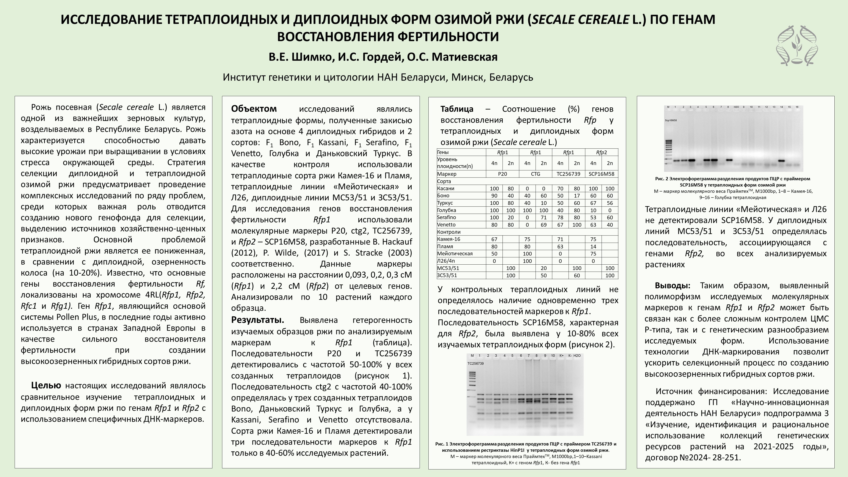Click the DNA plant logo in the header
pyautogui.click(x=797, y=46)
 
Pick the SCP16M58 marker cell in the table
pyautogui.click(x=601, y=174)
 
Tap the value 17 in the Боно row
pyautogui.click(x=577, y=196)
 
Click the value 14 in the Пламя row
pyautogui.click(x=593, y=246)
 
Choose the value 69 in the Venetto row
pyautogui.click(x=544, y=224)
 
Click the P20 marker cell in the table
pyautogui.click(x=502, y=174)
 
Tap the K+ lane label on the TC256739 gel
pyautogui.click(x=561, y=356)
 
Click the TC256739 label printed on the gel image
pyautogui.click(x=475, y=363)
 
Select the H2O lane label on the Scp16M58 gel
pyautogui.click(x=736, y=107)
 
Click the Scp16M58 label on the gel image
pyautogui.click(x=671, y=121)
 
